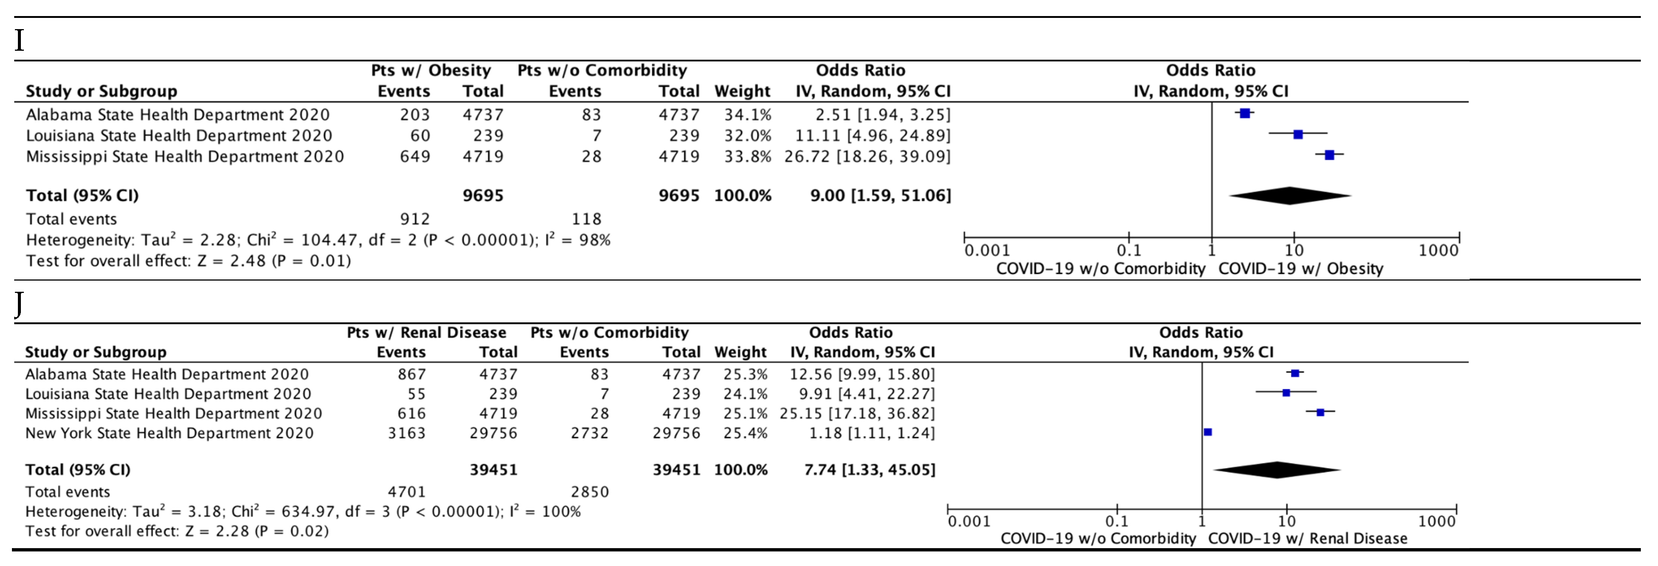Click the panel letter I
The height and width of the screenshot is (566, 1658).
click(19, 41)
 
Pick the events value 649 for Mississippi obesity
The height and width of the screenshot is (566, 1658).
click(415, 156)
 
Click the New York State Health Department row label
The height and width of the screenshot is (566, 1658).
click(169, 433)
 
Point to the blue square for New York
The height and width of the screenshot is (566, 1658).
click(1208, 432)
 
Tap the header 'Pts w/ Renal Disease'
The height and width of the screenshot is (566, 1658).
click(426, 332)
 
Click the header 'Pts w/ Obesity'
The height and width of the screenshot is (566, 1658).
click(431, 70)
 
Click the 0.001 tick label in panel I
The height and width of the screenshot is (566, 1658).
click(987, 250)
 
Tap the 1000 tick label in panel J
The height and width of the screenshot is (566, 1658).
click(1436, 521)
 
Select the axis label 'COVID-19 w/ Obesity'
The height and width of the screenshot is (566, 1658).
click(1300, 269)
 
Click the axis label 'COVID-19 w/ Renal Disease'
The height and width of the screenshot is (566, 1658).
click(1307, 538)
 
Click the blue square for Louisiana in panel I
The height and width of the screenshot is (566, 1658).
click(1297, 135)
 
